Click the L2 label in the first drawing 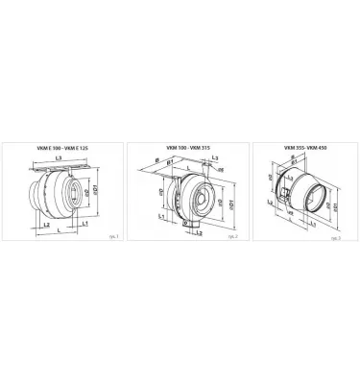pyautogui.click(x=48, y=223)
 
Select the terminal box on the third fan pyautogui.click(x=284, y=195)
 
